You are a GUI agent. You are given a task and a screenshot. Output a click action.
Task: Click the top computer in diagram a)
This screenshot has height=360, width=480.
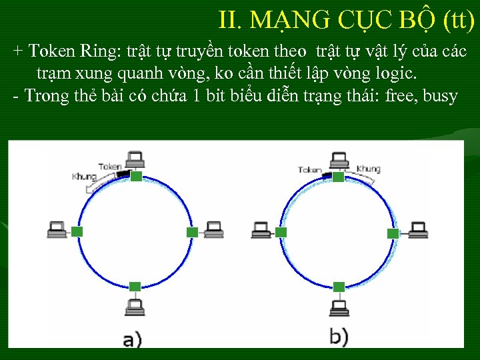pyautogui.click(x=136, y=160)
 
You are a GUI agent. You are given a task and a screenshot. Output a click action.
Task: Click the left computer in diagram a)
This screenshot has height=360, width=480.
pyautogui.click(x=57, y=230)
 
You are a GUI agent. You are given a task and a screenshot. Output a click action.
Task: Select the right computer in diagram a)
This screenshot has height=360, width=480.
pyautogui.click(x=213, y=230)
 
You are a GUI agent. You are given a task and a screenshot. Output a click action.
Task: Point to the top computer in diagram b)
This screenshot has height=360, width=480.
pyautogui.click(x=339, y=160)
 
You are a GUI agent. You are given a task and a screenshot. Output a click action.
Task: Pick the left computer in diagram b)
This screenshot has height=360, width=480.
pyautogui.click(x=261, y=230)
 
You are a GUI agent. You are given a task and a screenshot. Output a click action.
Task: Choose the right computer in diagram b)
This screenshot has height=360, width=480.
pyautogui.click(x=418, y=230)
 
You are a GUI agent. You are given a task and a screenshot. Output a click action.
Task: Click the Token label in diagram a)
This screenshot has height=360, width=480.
pyautogui.click(x=110, y=166)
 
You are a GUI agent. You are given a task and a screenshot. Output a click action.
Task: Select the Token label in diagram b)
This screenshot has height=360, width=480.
pyautogui.click(x=311, y=170)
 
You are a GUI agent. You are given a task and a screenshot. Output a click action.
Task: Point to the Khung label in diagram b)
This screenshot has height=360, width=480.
pyautogui.click(x=368, y=169)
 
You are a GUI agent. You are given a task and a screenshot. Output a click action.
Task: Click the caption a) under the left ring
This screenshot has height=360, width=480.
pyautogui.click(x=133, y=339)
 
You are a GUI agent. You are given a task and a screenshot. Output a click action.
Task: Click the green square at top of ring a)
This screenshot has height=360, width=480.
pyautogui.click(x=136, y=176)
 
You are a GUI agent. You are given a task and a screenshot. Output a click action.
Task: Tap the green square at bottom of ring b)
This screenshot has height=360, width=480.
pyautogui.click(x=339, y=287)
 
